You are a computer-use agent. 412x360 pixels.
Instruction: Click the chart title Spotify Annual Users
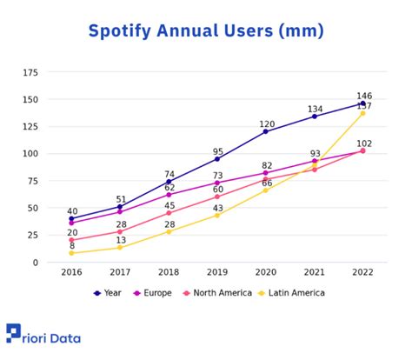(206, 32)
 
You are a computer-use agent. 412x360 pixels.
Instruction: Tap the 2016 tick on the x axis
(72, 273)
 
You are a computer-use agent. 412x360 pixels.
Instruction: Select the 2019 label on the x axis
(217, 273)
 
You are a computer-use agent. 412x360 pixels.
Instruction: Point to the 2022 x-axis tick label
(362, 273)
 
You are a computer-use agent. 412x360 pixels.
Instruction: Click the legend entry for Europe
(155, 293)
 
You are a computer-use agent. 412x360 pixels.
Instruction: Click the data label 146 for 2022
(363, 95)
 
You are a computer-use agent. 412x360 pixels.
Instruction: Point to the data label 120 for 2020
(267, 123)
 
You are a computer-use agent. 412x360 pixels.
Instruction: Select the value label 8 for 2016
(72, 245)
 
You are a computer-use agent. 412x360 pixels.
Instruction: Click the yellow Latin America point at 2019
(217, 215)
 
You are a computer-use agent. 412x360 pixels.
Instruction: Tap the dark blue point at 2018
(169, 182)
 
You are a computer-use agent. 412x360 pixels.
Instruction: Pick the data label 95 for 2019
(218, 151)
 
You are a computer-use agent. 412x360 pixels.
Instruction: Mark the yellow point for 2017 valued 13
(121, 248)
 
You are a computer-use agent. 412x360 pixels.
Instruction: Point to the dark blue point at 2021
(315, 117)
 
